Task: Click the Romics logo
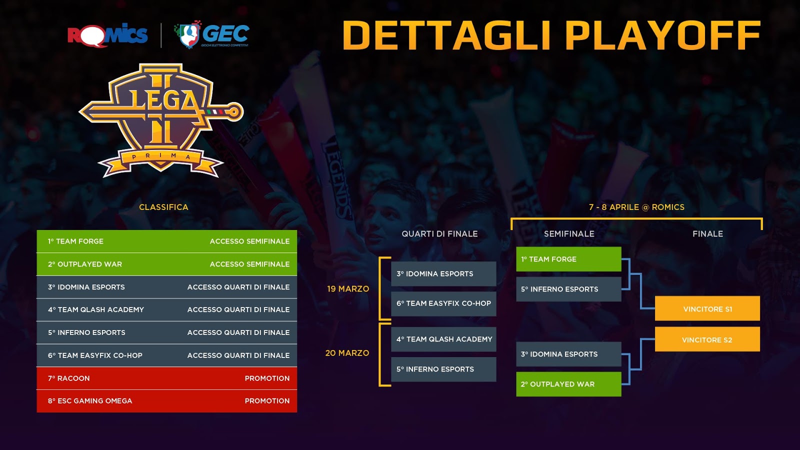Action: [107, 35]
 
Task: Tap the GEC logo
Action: [212, 34]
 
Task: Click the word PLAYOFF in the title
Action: [663, 35]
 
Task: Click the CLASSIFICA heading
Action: [163, 207]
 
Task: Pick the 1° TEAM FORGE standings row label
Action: [75, 241]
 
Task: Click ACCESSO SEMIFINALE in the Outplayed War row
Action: [249, 264]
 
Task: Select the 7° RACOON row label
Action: [69, 378]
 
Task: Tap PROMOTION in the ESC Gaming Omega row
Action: [267, 401]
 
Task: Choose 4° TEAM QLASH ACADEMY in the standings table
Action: [96, 309]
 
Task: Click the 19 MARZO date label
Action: [348, 289]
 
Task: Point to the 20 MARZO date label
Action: [347, 353]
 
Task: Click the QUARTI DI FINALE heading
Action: [439, 234]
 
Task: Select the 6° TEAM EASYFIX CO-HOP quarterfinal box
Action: [443, 303]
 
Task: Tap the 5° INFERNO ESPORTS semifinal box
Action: [568, 289]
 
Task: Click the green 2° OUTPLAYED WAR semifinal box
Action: [568, 384]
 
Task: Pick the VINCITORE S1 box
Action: [707, 308]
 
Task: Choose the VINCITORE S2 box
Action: [707, 339]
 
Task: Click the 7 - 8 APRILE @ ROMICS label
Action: [637, 207]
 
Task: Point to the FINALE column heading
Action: [708, 234]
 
